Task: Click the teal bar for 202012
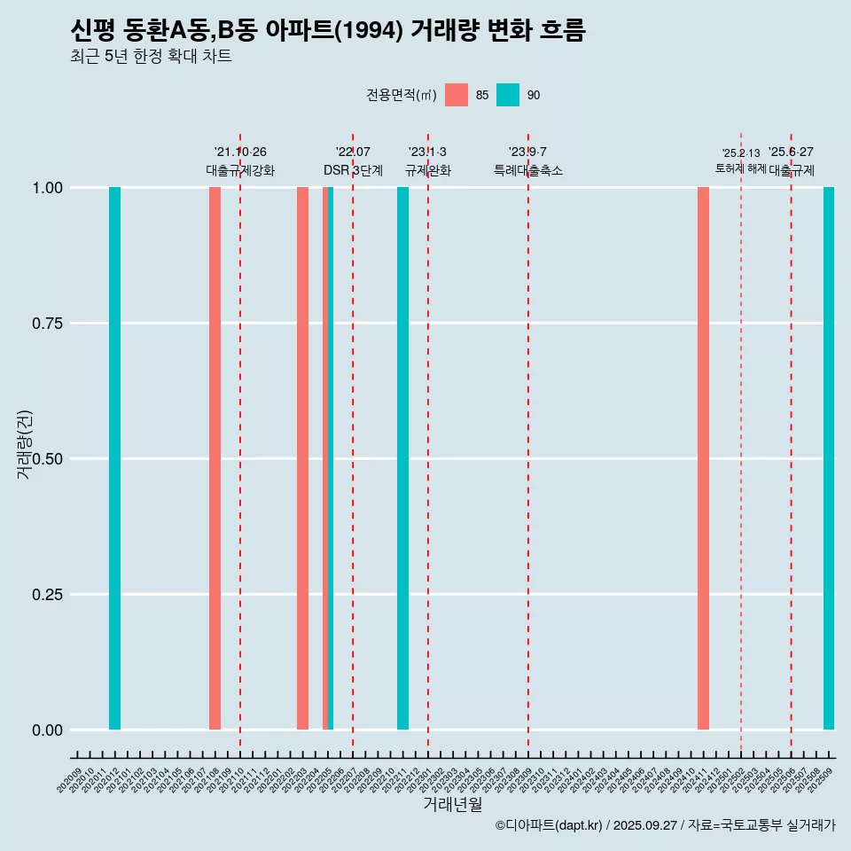tap(114, 458)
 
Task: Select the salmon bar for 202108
tap(215, 458)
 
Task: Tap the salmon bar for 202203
tap(302, 458)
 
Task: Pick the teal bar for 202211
tap(402, 458)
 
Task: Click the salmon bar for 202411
tap(703, 458)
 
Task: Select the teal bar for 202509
tap(829, 458)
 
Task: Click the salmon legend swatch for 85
tap(457, 95)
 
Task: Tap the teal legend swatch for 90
tap(508, 95)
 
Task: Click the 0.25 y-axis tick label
tap(44, 594)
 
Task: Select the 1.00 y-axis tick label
tap(44, 187)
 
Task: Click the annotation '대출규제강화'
tap(240, 170)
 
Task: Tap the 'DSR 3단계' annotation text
tap(353, 170)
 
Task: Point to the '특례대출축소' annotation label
tap(528, 170)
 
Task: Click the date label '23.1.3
tap(427, 152)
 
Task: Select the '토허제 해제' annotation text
tap(740, 168)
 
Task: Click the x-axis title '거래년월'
tap(453, 804)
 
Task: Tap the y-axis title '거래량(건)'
tap(24, 443)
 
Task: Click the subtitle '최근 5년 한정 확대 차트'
tap(151, 57)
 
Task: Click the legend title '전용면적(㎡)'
tap(401, 95)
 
